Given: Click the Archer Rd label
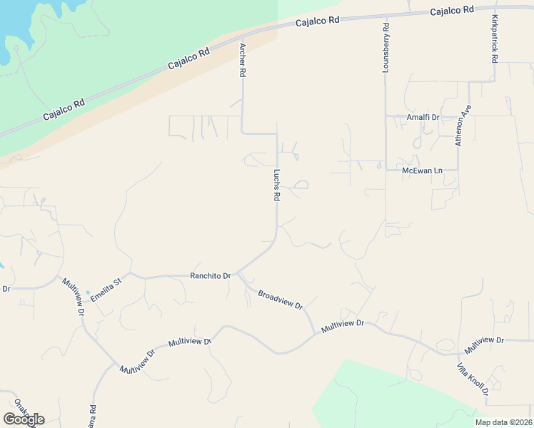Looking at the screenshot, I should [243, 60].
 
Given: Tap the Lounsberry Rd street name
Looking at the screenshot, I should [386, 49].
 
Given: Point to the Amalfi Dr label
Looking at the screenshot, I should [423, 116].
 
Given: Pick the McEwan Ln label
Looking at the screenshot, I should [423, 170].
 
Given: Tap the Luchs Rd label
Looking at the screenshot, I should [277, 184].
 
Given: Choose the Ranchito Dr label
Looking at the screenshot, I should [210, 275].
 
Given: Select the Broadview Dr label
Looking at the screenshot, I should [281, 300].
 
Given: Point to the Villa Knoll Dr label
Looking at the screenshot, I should [473, 378].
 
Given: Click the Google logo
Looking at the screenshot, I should [24, 419].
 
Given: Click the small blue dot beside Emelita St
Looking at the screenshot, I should [88, 292].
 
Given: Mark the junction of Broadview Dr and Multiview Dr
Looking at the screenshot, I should [315, 332].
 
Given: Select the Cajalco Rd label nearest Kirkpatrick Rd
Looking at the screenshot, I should [453, 10].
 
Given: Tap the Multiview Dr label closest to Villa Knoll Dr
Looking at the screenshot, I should [484, 345].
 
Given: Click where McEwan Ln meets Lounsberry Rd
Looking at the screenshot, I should [386, 170].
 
